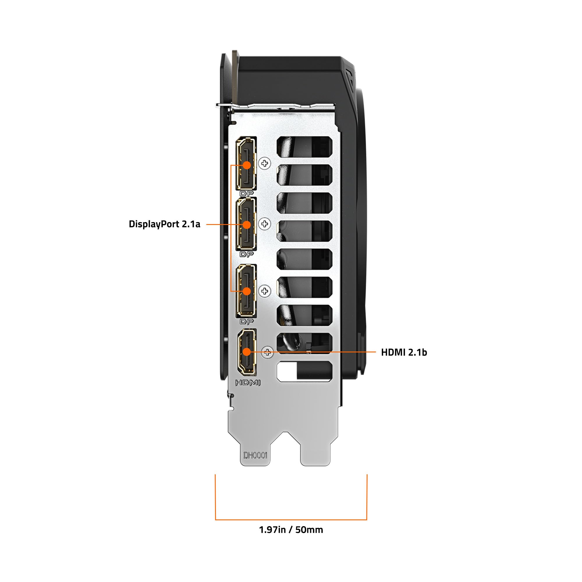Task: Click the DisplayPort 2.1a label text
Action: tap(164, 224)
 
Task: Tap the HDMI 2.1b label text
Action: tap(404, 352)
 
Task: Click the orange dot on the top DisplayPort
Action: tap(247, 165)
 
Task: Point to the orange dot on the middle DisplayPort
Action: tap(247, 224)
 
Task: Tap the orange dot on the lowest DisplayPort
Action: tap(247, 291)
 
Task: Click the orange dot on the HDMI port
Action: tap(247, 352)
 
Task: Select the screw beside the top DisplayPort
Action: tap(265, 164)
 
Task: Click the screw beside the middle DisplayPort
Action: tap(265, 224)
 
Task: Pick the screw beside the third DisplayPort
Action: tap(265, 291)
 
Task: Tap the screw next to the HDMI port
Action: tap(267, 352)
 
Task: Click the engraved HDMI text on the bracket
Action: tap(247, 383)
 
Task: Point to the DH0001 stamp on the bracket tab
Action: tap(255, 455)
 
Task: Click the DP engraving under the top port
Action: tap(246, 194)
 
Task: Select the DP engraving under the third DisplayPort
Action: tap(246, 322)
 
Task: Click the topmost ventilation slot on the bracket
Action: tap(304, 147)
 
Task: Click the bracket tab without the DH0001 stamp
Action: tap(315, 452)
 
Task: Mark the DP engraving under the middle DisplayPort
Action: tap(246, 254)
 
